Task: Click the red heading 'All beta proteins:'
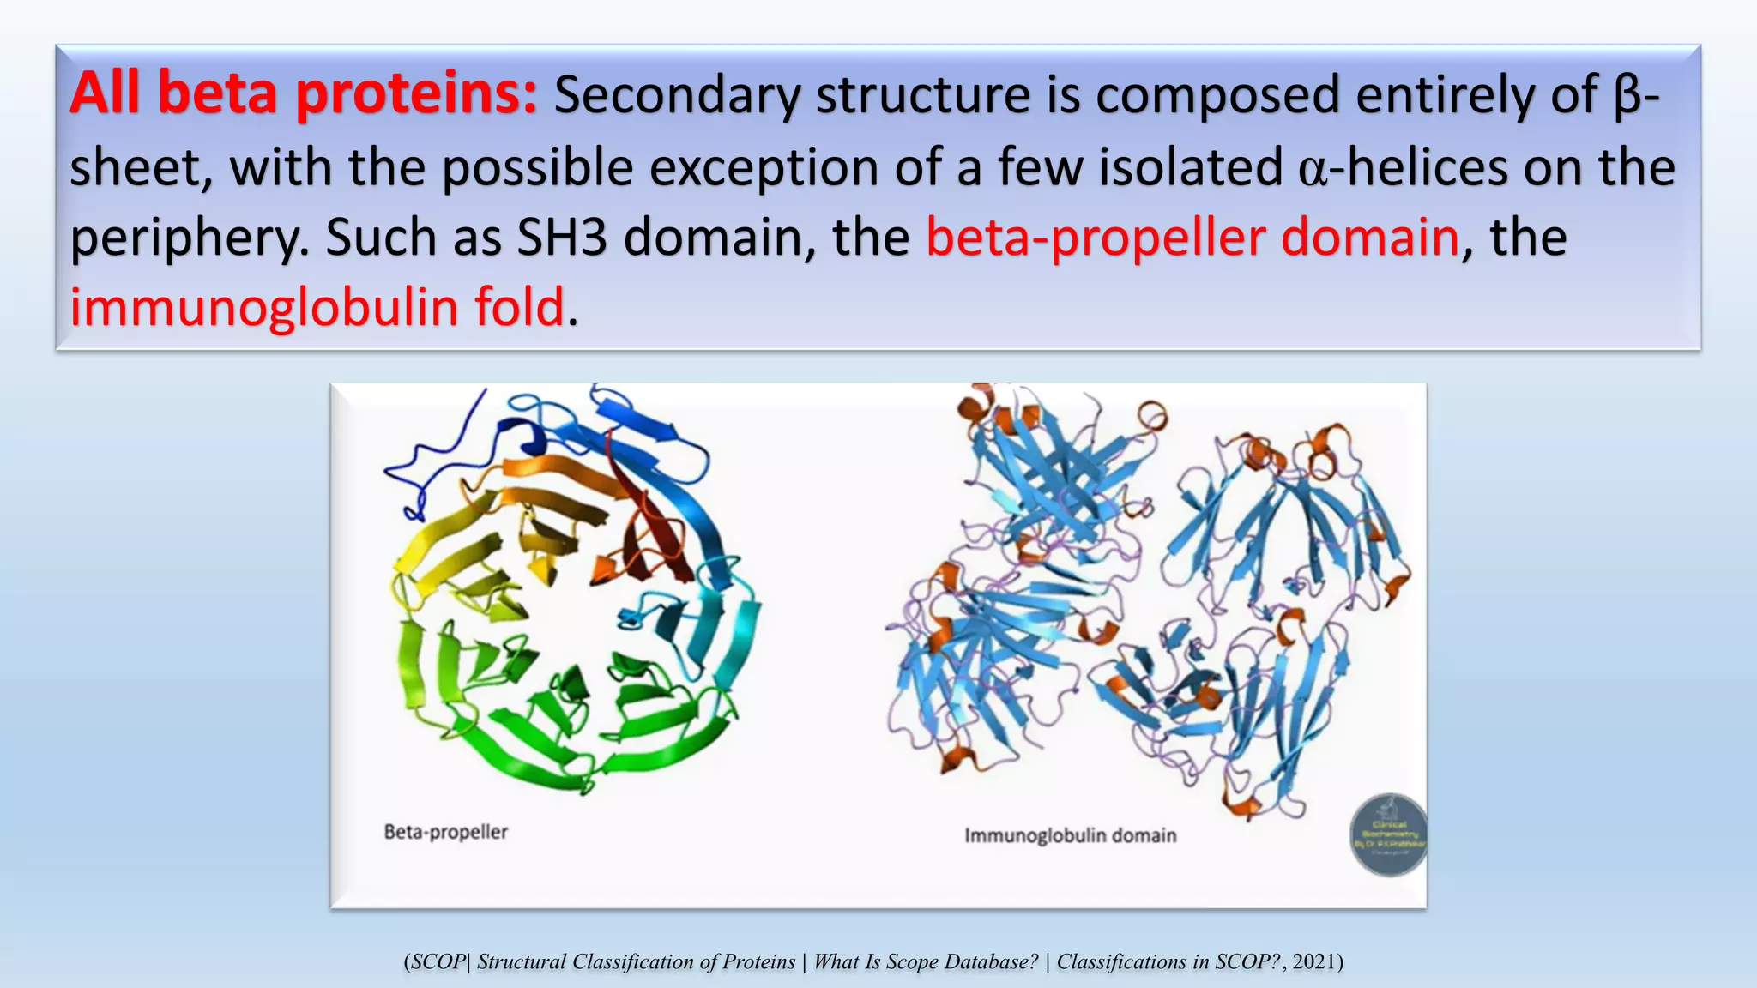pos(304,94)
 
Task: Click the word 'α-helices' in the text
pos(1403,167)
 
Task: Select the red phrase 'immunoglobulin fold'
pos(317,308)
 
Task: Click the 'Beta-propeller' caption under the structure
pos(446,832)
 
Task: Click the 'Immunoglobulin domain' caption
pos(1071,835)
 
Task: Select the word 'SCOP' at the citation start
pos(438,961)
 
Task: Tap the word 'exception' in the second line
pos(764,167)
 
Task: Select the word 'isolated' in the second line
pos(1191,167)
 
